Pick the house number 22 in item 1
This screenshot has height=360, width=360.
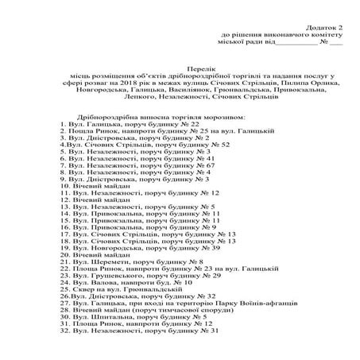click(194, 124)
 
